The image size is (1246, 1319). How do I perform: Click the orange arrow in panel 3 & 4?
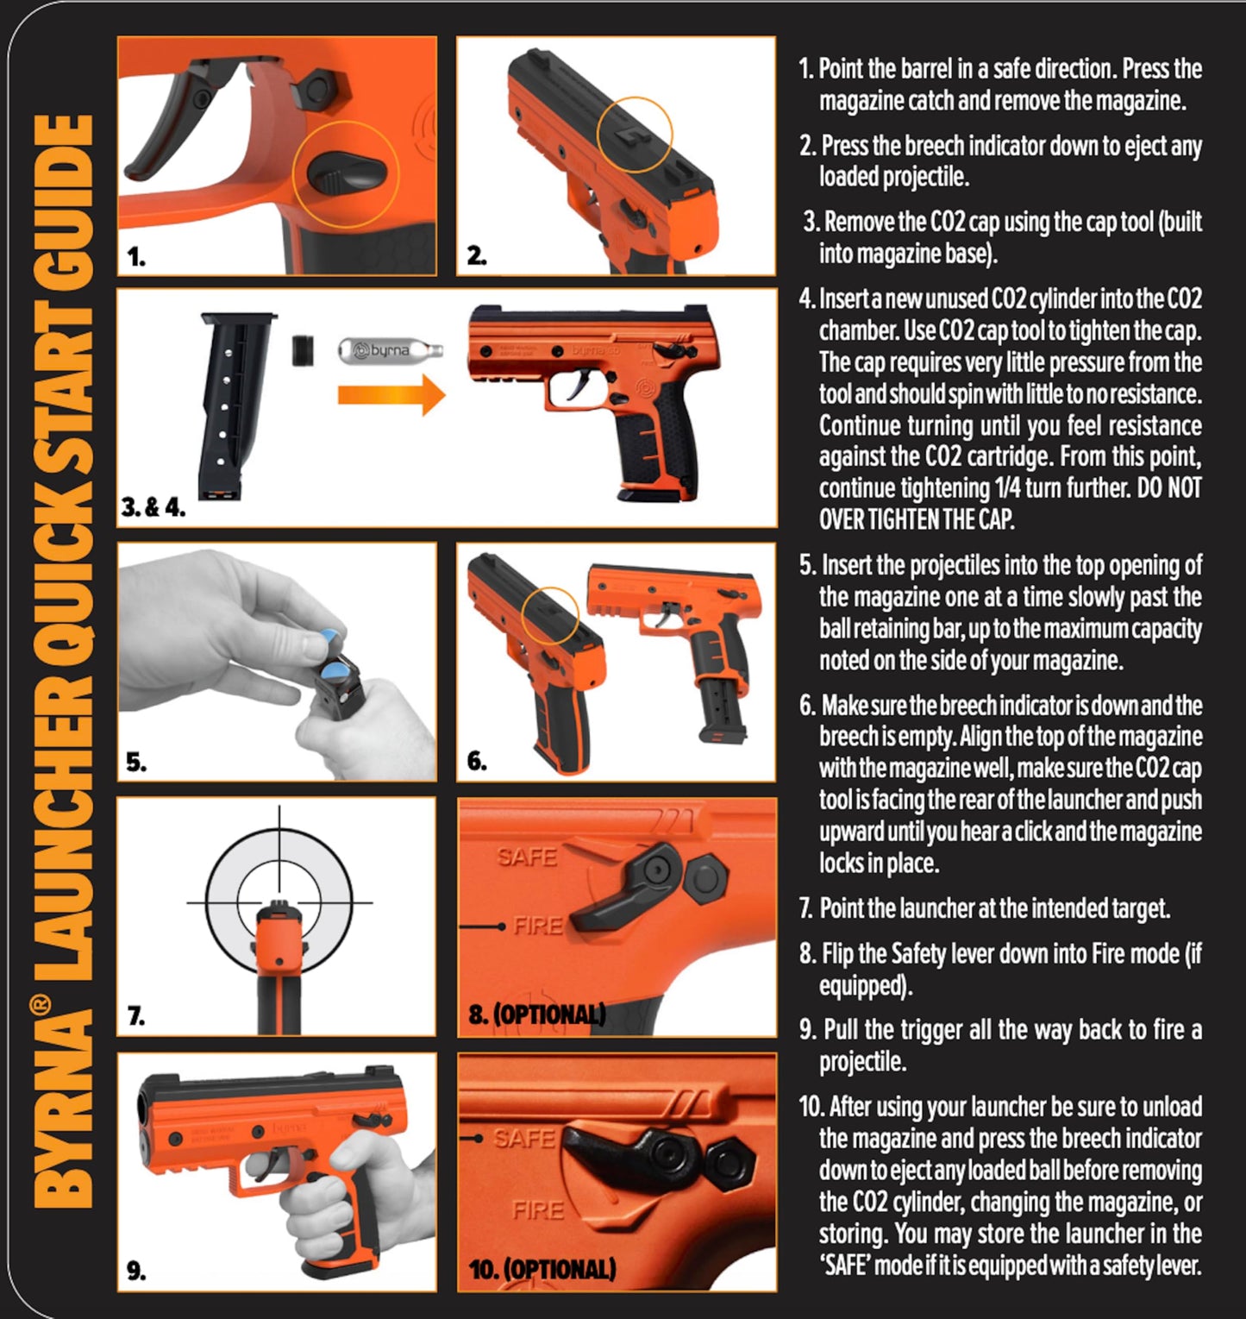click(390, 396)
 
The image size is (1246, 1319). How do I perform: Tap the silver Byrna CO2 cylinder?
click(390, 350)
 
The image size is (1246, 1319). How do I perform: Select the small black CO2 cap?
click(303, 349)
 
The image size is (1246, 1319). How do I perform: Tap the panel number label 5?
click(136, 762)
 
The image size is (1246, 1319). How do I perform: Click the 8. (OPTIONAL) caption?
click(536, 1014)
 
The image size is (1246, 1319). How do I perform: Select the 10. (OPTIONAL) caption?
click(542, 1269)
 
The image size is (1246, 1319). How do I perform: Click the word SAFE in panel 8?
click(527, 857)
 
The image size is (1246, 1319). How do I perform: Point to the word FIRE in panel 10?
click(537, 1209)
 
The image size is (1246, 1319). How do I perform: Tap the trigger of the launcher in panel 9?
click(280, 1159)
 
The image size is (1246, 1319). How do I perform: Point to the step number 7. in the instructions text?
click(806, 908)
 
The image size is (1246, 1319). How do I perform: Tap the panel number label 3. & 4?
click(153, 507)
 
